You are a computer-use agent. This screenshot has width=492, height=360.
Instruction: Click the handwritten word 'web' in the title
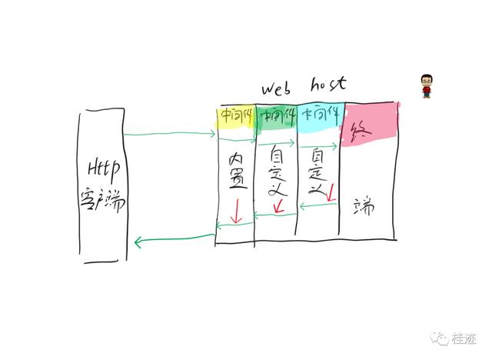pyautogui.click(x=279, y=87)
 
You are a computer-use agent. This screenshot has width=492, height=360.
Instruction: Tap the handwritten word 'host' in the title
pyautogui.click(x=329, y=84)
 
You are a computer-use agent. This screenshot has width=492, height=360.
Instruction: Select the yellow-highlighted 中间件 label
pyautogui.click(x=234, y=115)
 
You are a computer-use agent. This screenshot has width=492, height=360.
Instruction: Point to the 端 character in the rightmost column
pyautogui.click(x=364, y=206)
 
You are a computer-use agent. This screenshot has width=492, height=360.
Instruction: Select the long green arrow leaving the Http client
pyautogui.click(x=169, y=135)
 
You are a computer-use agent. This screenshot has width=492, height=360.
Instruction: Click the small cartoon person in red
pyautogui.click(x=427, y=86)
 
